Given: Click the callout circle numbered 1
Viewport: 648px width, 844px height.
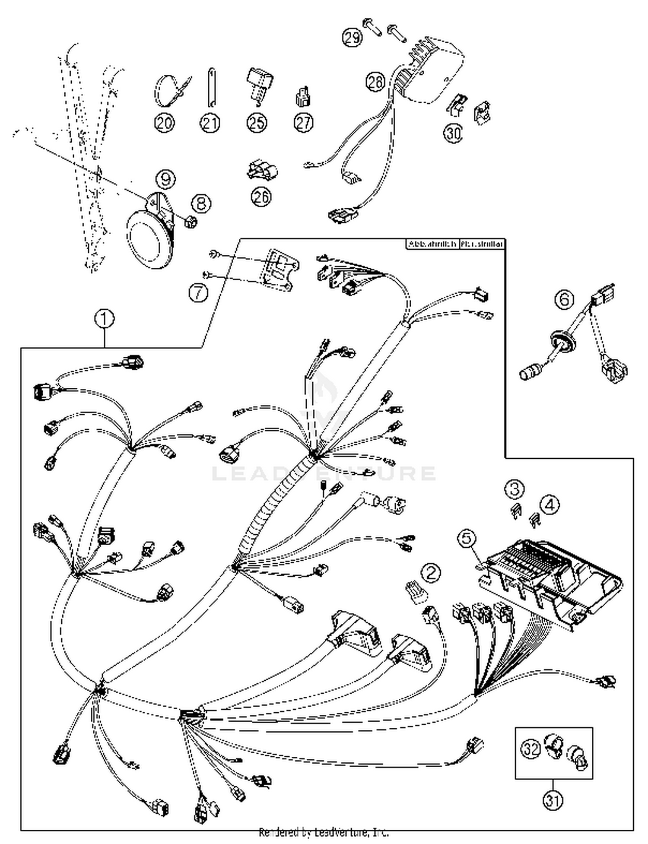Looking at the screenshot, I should [x=105, y=320].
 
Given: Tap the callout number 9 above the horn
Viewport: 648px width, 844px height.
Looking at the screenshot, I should [x=165, y=178].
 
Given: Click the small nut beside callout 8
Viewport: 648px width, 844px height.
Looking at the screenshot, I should [x=190, y=222].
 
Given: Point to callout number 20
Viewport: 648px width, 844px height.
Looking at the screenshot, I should [x=164, y=123].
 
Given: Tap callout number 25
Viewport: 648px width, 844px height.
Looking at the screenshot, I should [x=257, y=123].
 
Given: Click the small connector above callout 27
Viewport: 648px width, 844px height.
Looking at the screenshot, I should [x=303, y=97].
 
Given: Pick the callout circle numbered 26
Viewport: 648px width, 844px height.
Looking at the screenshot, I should [x=261, y=197].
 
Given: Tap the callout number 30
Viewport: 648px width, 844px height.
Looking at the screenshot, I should [x=453, y=133].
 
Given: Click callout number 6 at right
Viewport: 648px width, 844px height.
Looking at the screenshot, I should [x=565, y=299].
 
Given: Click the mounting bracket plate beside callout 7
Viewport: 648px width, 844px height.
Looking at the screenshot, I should [x=279, y=270].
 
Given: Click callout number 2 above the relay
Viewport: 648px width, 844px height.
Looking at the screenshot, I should [x=431, y=573].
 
